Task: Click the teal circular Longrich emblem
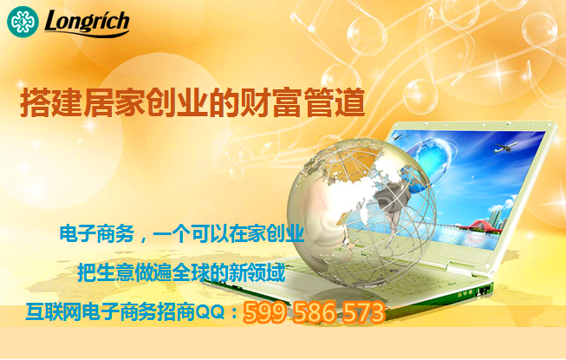[x=23, y=22]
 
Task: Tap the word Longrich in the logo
[x=87, y=23]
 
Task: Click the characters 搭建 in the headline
[x=51, y=103]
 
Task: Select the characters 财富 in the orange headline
[x=271, y=103]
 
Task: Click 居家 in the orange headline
[x=114, y=103]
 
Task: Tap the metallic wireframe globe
[x=361, y=213]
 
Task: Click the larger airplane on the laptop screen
[x=505, y=147]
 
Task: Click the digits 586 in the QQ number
[x=313, y=312]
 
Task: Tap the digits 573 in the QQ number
[x=363, y=312]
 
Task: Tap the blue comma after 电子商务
[x=141, y=239]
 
